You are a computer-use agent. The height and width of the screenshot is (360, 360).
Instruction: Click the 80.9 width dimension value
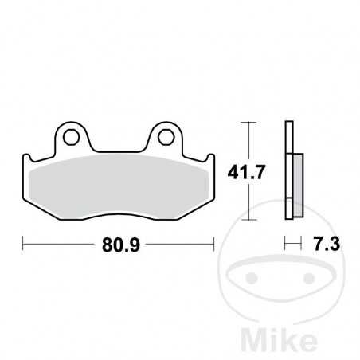tap(118, 245)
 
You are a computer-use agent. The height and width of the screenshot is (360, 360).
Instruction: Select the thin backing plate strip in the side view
tap(288, 171)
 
